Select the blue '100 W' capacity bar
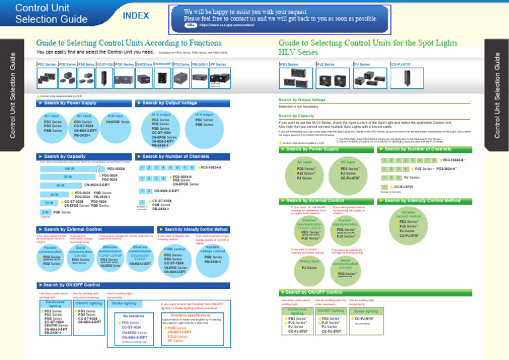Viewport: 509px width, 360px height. point(69,169)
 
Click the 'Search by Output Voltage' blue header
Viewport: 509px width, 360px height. point(167,103)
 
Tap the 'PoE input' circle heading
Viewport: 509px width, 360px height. point(115,116)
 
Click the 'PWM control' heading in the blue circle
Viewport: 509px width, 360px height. point(174,249)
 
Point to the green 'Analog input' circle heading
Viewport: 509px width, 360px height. point(309,261)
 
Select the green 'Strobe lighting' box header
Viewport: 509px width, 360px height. point(365,310)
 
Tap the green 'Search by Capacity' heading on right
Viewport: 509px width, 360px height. point(296,115)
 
